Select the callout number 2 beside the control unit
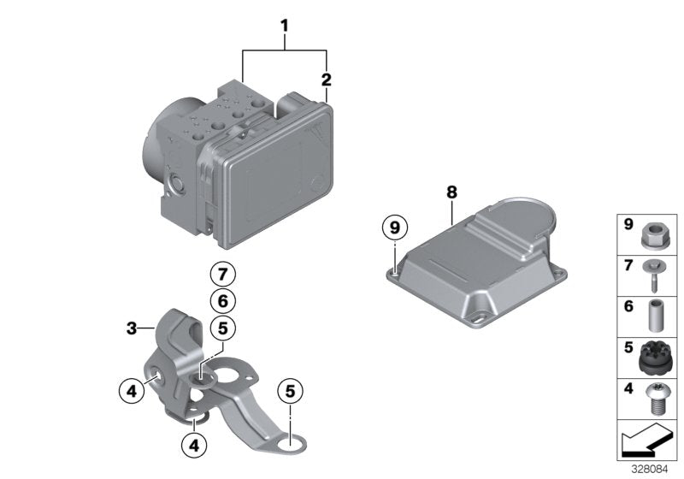point(326,80)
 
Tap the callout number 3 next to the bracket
point(132,328)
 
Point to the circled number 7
point(221,275)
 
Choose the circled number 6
point(221,300)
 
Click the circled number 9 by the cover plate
point(394,228)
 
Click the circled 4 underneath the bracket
point(195,444)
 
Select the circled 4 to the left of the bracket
point(131,392)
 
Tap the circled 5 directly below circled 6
point(221,327)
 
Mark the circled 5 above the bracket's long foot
point(291,392)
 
